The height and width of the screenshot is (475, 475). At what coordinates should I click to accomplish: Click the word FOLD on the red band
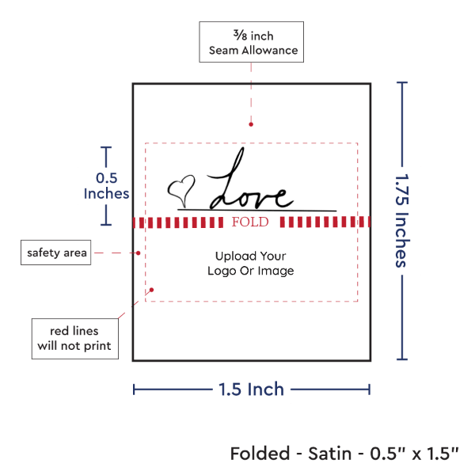[x=251, y=222]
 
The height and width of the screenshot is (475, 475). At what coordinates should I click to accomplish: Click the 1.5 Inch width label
[x=252, y=389]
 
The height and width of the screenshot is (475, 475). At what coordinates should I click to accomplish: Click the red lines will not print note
[x=74, y=338]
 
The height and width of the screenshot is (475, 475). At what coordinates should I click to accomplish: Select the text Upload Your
[x=250, y=256]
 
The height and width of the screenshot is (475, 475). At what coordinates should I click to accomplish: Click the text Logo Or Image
[x=250, y=272]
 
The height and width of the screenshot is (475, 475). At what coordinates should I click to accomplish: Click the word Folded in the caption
[x=258, y=454]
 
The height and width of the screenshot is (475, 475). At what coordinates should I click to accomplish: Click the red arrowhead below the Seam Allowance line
[x=251, y=123]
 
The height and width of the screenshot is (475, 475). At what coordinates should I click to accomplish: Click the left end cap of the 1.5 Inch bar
[x=135, y=389]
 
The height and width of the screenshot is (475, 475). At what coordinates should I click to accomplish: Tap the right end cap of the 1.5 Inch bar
[x=370, y=389]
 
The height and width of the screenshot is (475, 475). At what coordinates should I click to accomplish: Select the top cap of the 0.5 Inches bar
[x=106, y=147]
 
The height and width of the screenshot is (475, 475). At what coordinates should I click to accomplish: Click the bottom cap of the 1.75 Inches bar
[x=404, y=359]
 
